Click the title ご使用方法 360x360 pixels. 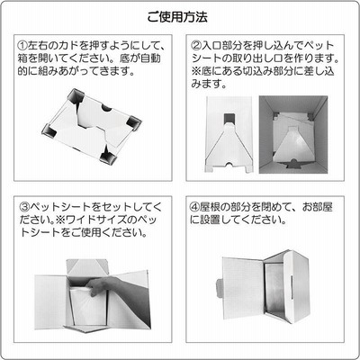[177, 17]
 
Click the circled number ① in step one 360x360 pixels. [22, 46]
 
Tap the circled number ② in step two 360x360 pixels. [195, 46]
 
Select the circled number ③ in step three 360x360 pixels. [25, 207]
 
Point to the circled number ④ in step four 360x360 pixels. [195, 207]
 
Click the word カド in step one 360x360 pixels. [70, 46]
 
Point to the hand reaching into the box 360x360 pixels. [120, 290]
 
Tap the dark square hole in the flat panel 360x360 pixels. [229, 118]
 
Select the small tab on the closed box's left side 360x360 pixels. [220, 287]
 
